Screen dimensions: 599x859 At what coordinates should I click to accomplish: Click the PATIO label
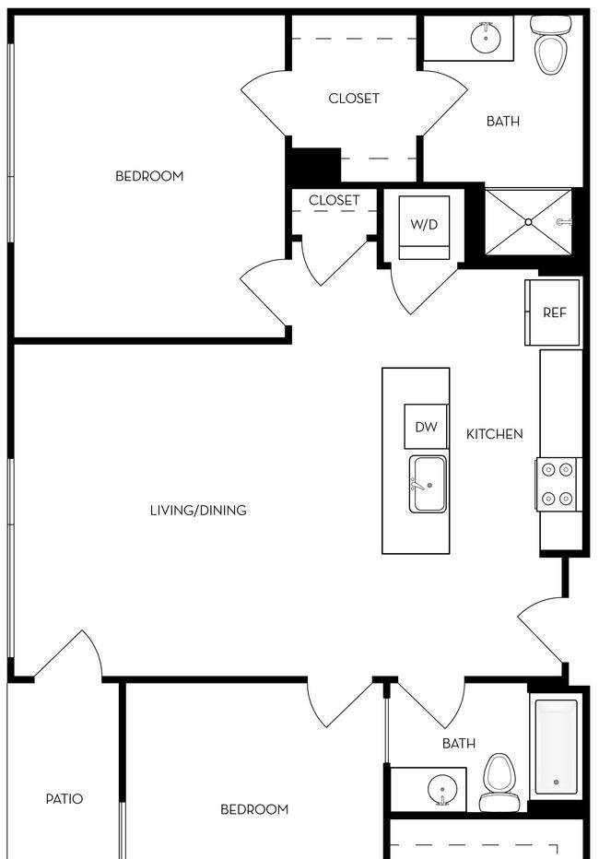coord(65,799)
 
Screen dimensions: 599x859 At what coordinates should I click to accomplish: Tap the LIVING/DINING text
coord(198,510)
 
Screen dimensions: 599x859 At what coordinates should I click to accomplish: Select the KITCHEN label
coord(495,434)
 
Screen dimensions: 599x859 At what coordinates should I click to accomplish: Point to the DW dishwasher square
coord(426,427)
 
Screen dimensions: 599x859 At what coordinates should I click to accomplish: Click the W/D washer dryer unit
coord(424,227)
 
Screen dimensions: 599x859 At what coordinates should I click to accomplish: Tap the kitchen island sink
coord(427,484)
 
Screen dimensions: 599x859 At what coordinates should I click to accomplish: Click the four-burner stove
coord(558,484)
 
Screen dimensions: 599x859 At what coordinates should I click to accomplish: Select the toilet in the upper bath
coord(551,45)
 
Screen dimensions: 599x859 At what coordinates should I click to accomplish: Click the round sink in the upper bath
coord(485,38)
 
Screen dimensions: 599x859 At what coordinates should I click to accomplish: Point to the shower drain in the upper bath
coord(528,222)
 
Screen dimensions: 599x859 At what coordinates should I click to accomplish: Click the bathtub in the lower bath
coord(556,747)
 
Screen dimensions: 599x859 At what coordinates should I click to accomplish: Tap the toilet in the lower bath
coord(499,781)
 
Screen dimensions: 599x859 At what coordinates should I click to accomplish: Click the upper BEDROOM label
coord(149,176)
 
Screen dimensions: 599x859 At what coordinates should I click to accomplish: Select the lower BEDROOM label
coord(254,809)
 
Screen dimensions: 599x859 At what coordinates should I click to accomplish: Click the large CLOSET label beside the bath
coord(354,98)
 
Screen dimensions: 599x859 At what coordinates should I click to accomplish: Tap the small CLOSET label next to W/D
coord(334,200)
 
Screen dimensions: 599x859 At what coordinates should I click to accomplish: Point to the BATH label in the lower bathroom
coord(459,744)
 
